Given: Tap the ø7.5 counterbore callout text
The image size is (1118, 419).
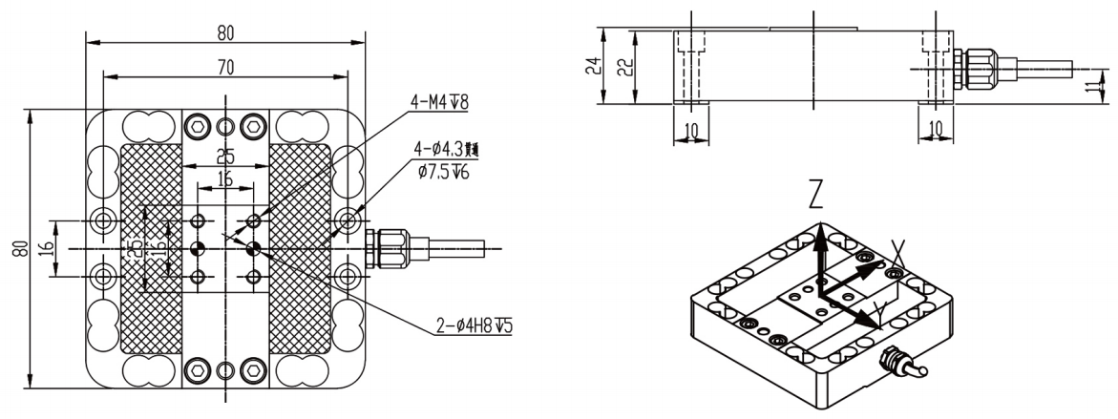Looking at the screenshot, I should [440, 172].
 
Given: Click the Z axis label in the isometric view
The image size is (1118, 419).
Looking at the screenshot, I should [813, 196].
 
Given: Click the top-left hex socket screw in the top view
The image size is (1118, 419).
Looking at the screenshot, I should [197, 126].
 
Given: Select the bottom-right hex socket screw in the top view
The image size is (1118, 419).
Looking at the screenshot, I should [253, 367].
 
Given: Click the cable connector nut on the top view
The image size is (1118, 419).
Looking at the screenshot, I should [392, 248].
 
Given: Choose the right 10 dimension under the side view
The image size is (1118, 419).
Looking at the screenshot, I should [935, 129].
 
